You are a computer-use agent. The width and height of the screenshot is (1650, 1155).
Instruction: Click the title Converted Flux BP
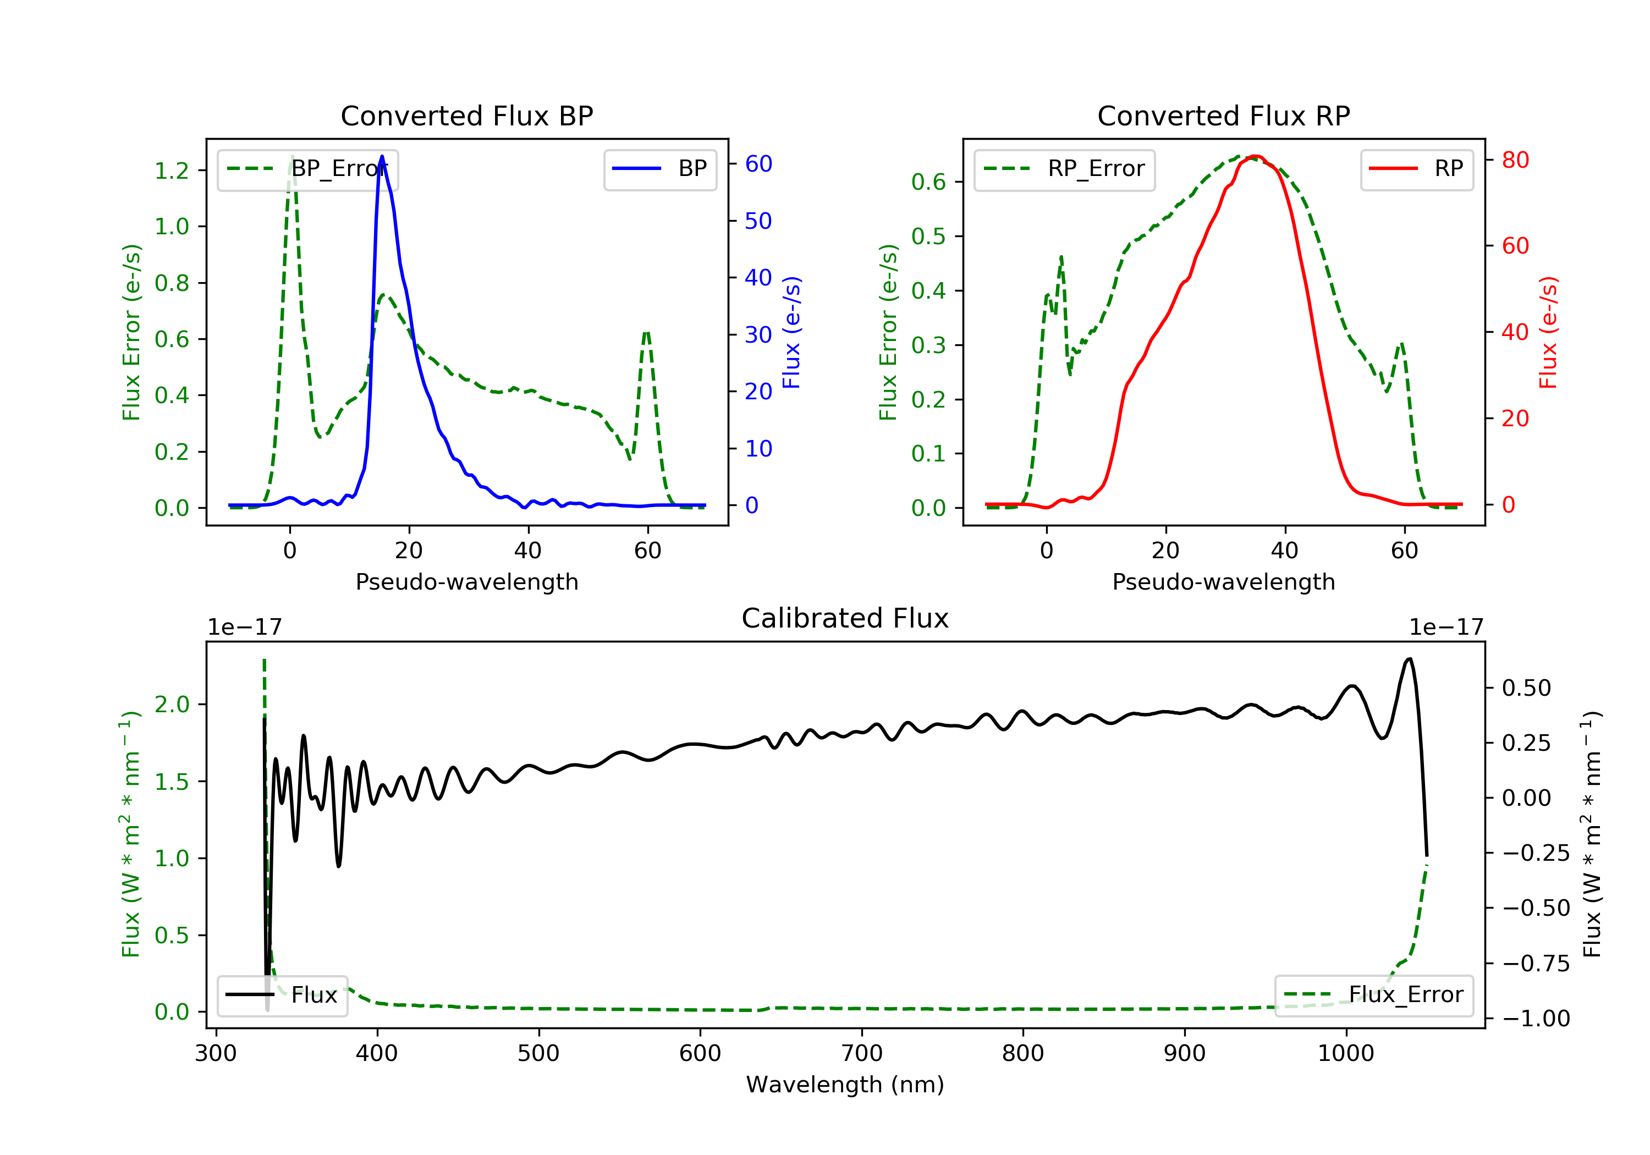(466, 116)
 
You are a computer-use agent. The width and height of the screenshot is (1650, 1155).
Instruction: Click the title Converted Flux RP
(1223, 116)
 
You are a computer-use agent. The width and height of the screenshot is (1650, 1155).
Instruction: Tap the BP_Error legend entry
(307, 169)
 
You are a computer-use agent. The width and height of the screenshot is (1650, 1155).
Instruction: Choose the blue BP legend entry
(659, 169)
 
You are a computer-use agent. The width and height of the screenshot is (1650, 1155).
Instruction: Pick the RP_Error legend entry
(1064, 169)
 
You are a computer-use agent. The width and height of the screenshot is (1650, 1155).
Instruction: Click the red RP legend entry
(1416, 169)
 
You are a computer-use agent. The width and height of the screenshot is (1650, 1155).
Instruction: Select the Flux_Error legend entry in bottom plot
(1373, 995)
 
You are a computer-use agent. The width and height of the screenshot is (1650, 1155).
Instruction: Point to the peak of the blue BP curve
(382, 156)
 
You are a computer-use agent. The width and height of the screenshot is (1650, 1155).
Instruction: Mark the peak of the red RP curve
(1255, 156)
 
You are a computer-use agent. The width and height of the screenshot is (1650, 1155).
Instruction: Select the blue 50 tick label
(758, 221)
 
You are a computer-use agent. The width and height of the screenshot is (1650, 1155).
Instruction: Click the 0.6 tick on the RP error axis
(928, 182)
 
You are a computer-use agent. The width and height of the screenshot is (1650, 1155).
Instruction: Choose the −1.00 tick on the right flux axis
(1536, 1019)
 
